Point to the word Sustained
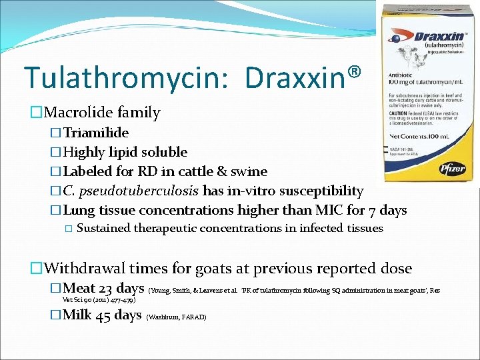pyautogui.click(x=104, y=229)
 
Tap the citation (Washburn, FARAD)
pyautogui.click(x=177, y=317)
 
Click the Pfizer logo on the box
pyautogui.click(x=451, y=169)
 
